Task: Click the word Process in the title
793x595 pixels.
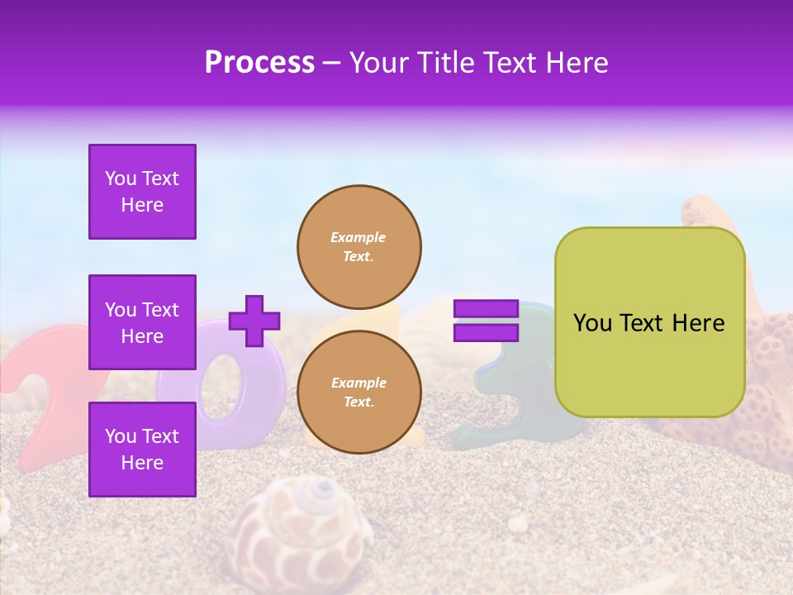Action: tap(259, 63)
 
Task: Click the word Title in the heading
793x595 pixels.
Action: tap(444, 63)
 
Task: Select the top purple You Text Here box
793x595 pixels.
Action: tap(142, 192)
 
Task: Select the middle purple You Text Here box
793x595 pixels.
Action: tap(142, 322)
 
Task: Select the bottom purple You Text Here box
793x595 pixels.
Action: tap(142, 449)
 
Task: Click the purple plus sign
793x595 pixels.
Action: tap(254, 321)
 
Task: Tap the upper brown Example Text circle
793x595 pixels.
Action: tap(359, 247)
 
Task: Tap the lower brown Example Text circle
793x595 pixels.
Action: tap(359, 392)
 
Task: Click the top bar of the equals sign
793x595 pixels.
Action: tap(487, 309)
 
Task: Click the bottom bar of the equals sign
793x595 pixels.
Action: tap(487, 333)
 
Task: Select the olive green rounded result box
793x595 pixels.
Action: tap(649, 322)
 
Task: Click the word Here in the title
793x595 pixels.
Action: tap(577, 63)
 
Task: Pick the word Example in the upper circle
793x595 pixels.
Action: tap(359, 237)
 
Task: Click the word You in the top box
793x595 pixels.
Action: tap(121, 178)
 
